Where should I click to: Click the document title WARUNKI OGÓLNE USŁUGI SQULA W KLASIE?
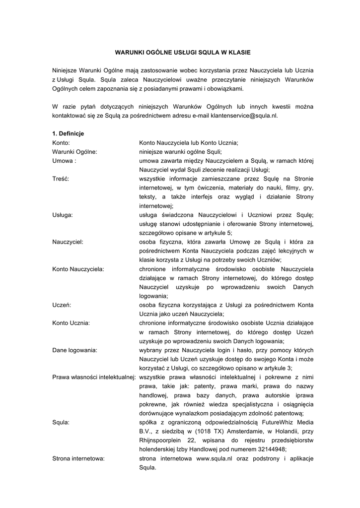tap(180, 52)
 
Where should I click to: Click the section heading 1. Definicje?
tap(68, 133)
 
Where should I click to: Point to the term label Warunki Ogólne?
tap(74, 152)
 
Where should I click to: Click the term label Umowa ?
tap(64, 161)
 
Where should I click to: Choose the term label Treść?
tap(61, 179)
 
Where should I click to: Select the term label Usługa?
tap(63, 215)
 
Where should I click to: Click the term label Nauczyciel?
tap(68, 242)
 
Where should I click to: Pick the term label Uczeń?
tap(62, 305)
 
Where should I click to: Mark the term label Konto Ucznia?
tap(71, 323)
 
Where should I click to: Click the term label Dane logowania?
tap(75, 350)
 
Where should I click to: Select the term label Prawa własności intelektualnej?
tap(94, 377)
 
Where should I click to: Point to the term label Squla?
tap(61, 422)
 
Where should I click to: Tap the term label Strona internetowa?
tap(78, 458)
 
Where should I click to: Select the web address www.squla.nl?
tap(215, 458)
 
